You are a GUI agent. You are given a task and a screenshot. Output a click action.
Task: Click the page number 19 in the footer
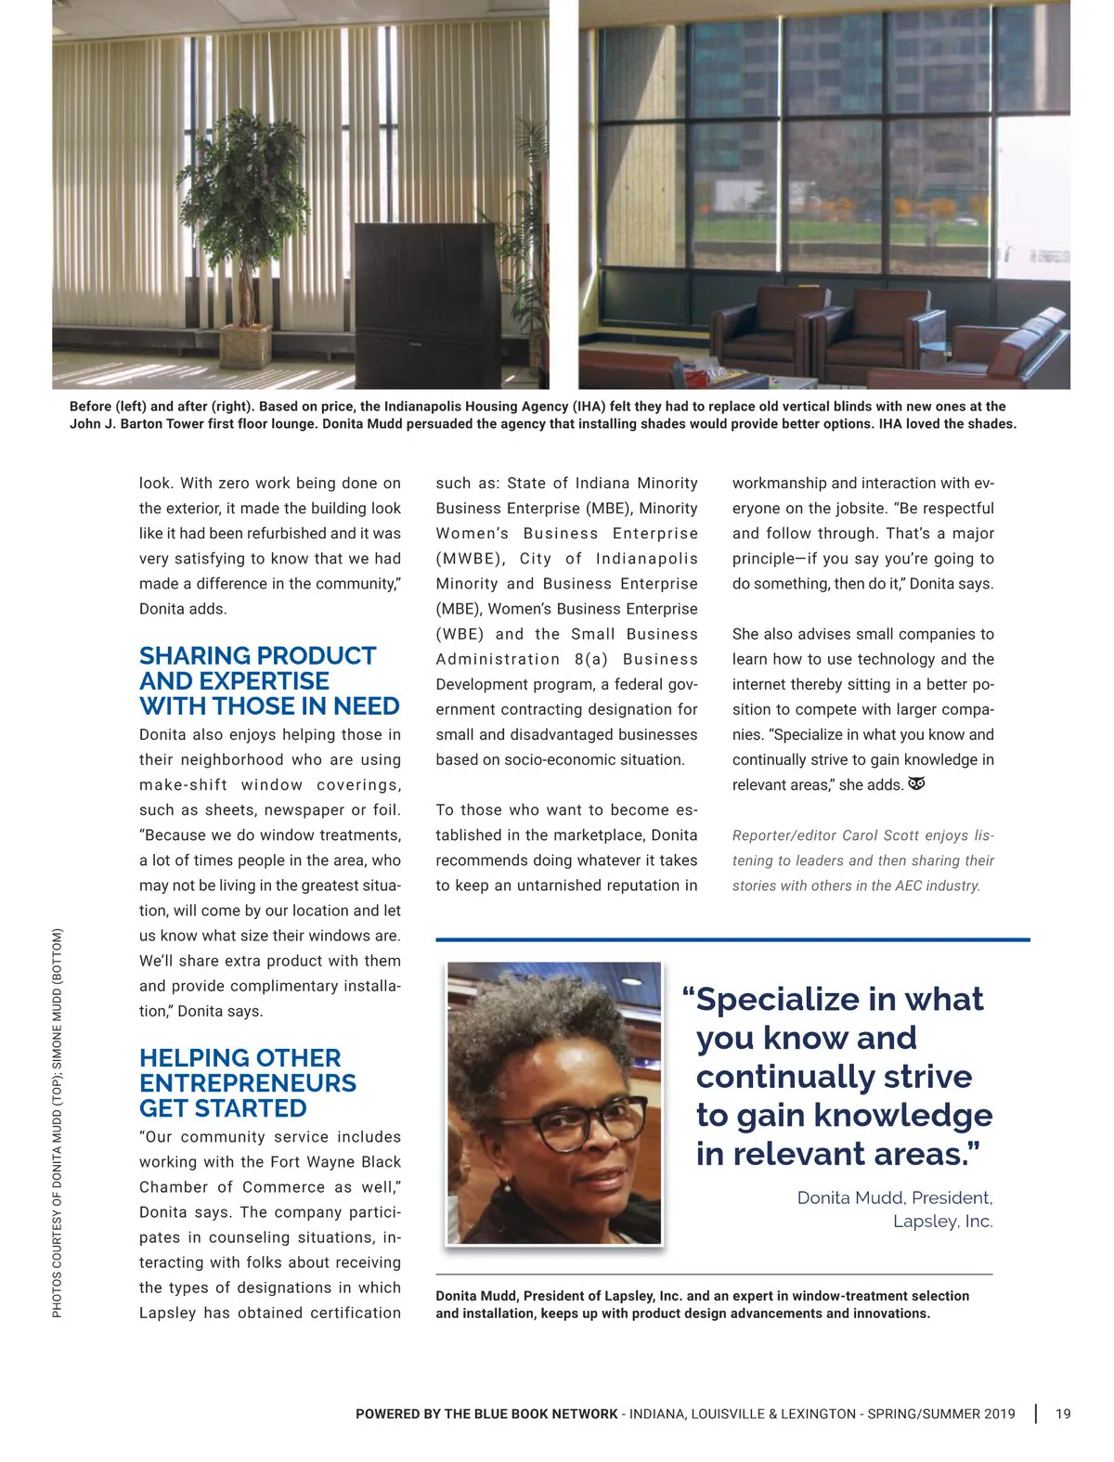pyautogui.click(x=1063, y=1414)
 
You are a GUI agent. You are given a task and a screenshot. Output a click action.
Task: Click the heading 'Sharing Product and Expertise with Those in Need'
pyautogui.click(x=269, y=680)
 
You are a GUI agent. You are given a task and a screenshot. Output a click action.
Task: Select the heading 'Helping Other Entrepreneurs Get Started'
pyautogui.click(x=247, y=1082)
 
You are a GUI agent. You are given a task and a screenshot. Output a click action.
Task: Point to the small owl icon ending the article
pyautogui.click(x=916, y=783)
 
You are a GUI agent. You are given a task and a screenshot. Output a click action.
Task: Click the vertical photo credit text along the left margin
pyautogui.click(x=58, y=1122)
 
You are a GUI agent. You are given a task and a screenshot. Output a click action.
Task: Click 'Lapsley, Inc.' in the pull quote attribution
pyautogui.click(x=942, y=1221)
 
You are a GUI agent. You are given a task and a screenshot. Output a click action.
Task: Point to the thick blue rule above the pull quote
pyautogui.click(x=732, y=939)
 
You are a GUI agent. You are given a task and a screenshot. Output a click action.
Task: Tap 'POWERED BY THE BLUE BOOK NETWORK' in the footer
pyautogui.click(x=486, y=1414)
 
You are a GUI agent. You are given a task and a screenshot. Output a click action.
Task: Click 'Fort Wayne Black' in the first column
pyautogui.click(x=335, y=1161)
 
